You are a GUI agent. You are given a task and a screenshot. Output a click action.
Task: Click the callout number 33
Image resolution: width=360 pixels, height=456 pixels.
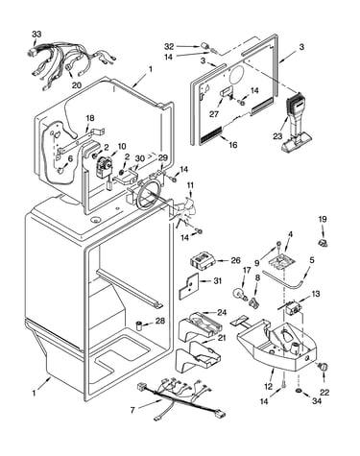36,35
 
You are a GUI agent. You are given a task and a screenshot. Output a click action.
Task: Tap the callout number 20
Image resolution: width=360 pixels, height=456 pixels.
77,85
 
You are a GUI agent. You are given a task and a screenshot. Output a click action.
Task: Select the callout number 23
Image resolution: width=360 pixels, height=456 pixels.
278,136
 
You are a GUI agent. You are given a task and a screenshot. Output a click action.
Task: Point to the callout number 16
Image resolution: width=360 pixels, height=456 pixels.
233,145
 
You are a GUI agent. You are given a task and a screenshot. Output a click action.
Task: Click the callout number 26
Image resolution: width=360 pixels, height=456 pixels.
235,260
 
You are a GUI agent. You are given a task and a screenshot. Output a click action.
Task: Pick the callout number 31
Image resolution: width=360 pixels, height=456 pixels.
217,281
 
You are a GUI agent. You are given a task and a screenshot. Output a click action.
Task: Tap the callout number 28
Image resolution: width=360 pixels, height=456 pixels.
160,321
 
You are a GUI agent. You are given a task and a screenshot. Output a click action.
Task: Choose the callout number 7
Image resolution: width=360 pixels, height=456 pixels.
132,410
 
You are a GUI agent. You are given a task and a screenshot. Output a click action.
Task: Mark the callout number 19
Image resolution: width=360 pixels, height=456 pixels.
323,219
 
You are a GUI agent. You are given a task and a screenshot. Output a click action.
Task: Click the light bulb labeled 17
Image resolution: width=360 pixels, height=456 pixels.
240,294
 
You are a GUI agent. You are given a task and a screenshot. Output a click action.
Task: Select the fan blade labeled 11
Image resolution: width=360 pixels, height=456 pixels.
183,213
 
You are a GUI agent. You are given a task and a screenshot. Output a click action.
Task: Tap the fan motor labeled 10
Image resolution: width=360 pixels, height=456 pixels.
105,169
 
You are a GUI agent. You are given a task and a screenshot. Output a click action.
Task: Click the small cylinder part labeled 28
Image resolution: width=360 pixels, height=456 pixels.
139,325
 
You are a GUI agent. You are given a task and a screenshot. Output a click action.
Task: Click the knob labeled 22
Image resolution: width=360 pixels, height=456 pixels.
324,367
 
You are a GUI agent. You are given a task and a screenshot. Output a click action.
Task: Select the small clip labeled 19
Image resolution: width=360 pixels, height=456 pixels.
323,242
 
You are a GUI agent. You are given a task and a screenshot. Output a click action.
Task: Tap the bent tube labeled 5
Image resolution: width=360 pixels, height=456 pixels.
284,279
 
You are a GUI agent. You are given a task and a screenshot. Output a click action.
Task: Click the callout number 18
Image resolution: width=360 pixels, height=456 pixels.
90,118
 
